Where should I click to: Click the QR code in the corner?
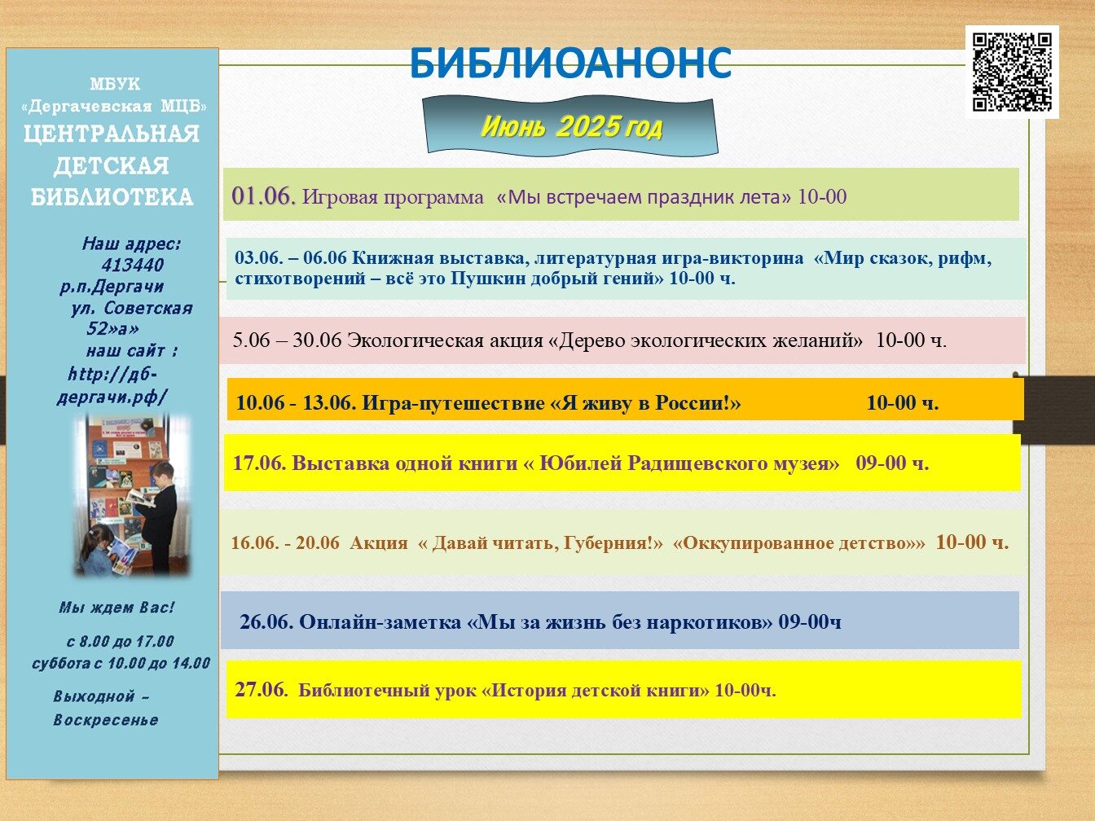(x=1012, y=72)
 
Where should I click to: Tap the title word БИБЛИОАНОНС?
(x=570, y=64)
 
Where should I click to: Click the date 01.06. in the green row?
(x=264, y=196)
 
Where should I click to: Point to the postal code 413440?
(x=132, y=265)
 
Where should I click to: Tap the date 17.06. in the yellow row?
(x=259, y=463)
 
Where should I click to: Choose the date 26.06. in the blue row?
(x=266, y=621)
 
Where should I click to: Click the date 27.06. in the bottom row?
(x=262, y=690)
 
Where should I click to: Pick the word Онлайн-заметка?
(x=380, y=621)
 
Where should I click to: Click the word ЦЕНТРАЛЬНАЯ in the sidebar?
(x=112, y=134)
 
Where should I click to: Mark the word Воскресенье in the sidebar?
(x=106, y=720)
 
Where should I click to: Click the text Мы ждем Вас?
(x=117, y=608)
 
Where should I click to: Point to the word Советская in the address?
(x=148, y=308)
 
